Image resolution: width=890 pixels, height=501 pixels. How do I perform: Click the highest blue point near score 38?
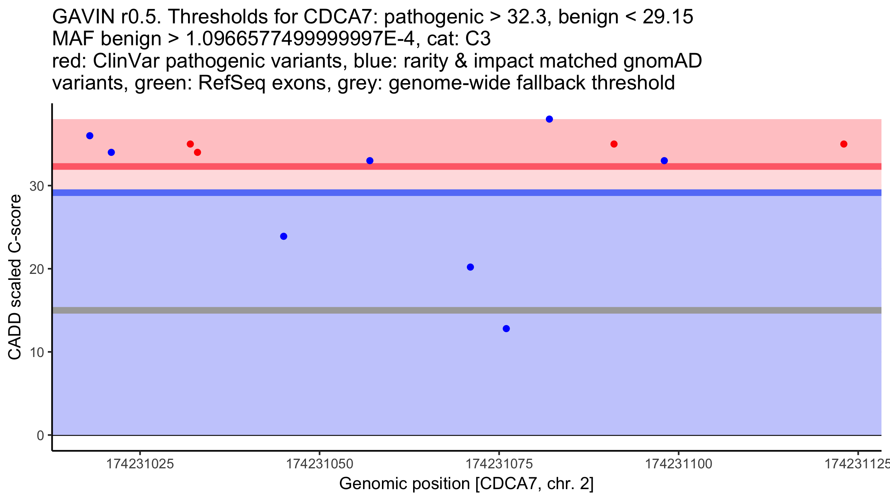[x=549, y=119]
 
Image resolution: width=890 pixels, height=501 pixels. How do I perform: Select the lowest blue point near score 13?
[x=506, y=328]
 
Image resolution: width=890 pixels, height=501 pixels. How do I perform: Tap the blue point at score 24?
[x=284, y=236]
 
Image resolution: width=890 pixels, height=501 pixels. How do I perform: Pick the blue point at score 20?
[x=470, y=267]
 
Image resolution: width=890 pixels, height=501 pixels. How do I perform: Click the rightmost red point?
[x=844, y=144]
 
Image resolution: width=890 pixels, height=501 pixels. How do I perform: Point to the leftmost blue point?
[x=90, y=136]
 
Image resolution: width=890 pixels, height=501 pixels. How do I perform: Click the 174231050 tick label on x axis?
[x=319, y=464]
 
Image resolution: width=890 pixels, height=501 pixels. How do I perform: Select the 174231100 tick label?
[x=679, y=464]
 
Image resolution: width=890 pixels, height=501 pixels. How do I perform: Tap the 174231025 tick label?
[x=140, y=464]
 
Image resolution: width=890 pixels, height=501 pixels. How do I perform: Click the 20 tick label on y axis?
[x=37, y=269]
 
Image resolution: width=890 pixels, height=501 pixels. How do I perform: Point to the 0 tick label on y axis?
[x=40, y=436]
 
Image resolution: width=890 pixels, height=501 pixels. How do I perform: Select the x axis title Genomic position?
[x=467, y=484]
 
